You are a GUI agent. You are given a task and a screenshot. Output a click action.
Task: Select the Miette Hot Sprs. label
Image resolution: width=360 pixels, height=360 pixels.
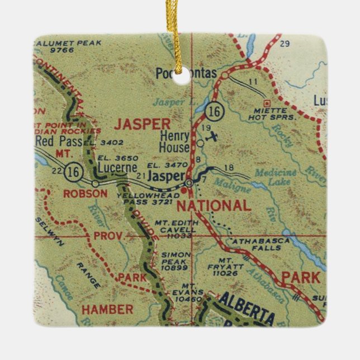click(x=264, y=112)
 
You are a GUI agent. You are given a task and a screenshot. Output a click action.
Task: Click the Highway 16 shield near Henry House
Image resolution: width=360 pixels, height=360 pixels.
click(x=213, y=112)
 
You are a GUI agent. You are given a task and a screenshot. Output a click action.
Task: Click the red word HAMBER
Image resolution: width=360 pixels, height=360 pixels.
click(x=107, y=309)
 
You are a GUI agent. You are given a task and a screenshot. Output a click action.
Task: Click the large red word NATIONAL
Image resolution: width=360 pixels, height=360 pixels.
click(x=214, y=206)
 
